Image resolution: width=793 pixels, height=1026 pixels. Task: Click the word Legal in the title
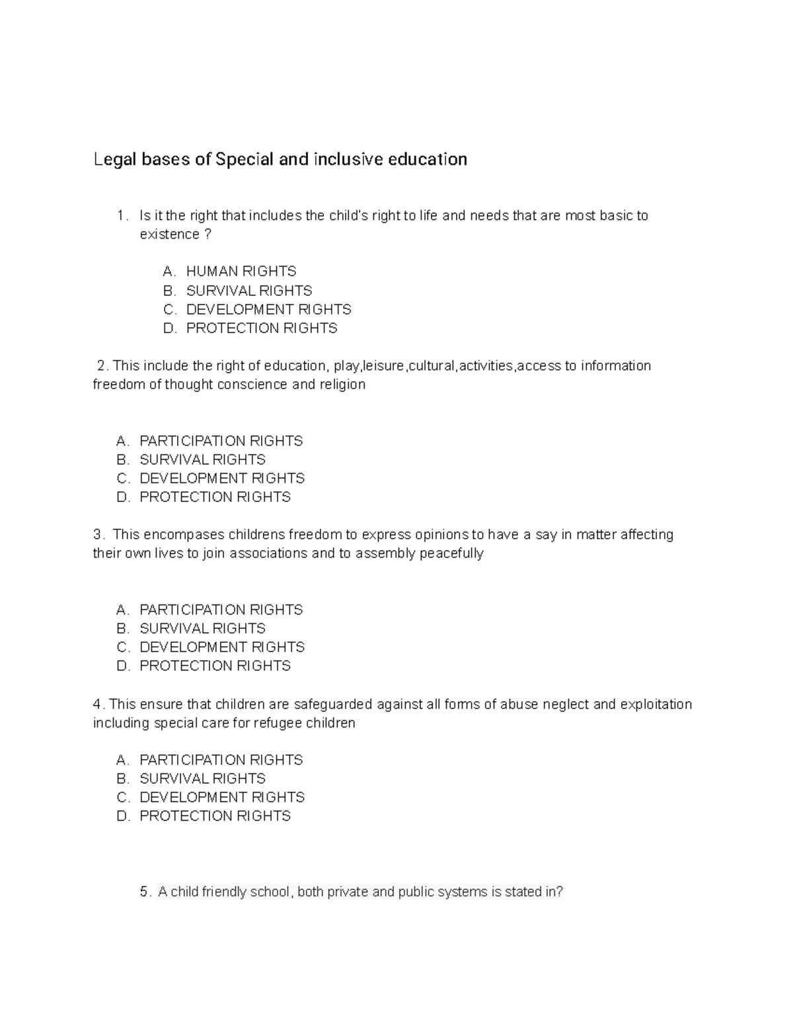pyautogui.click(x=114, y=160)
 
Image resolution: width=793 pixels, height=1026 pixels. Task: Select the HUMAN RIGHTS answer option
pyautogui.click(x=241, y=272)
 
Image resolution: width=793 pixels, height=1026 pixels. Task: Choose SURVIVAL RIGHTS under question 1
pyautogui.click(x=248, y=291)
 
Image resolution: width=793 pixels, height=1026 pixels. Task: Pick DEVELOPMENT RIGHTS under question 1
pyautogui.click(x=268, y=309)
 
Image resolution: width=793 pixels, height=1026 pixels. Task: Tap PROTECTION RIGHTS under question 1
pyautogui.click(x=261, y=328)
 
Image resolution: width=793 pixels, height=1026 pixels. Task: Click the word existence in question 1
pyautogui.click(x=169, y=235)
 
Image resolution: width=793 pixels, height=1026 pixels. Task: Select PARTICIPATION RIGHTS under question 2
pyautogui.click(x=221, y=441)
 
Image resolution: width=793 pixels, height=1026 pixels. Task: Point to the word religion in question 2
pyautogui.click(x=342, y=385)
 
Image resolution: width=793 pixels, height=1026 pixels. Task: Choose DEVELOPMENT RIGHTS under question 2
pyautogui.click(x=222, y=478)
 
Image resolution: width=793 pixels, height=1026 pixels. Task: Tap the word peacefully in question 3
pyautogui.click(x=453, y=554)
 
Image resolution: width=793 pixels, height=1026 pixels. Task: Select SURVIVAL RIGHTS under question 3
pyautogui.click(x=202, y=628)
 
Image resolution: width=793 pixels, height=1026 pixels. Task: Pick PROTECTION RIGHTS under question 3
pyautogui.click(x=215, y=666)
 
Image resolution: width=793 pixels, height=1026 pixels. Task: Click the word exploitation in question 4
pyautogui.click(x=656, y=704)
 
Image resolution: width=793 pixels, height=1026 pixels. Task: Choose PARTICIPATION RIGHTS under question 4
pyautogui.click(x=221, y=760)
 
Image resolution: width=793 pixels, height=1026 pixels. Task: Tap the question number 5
pyautogui.click(x=145, y=892)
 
